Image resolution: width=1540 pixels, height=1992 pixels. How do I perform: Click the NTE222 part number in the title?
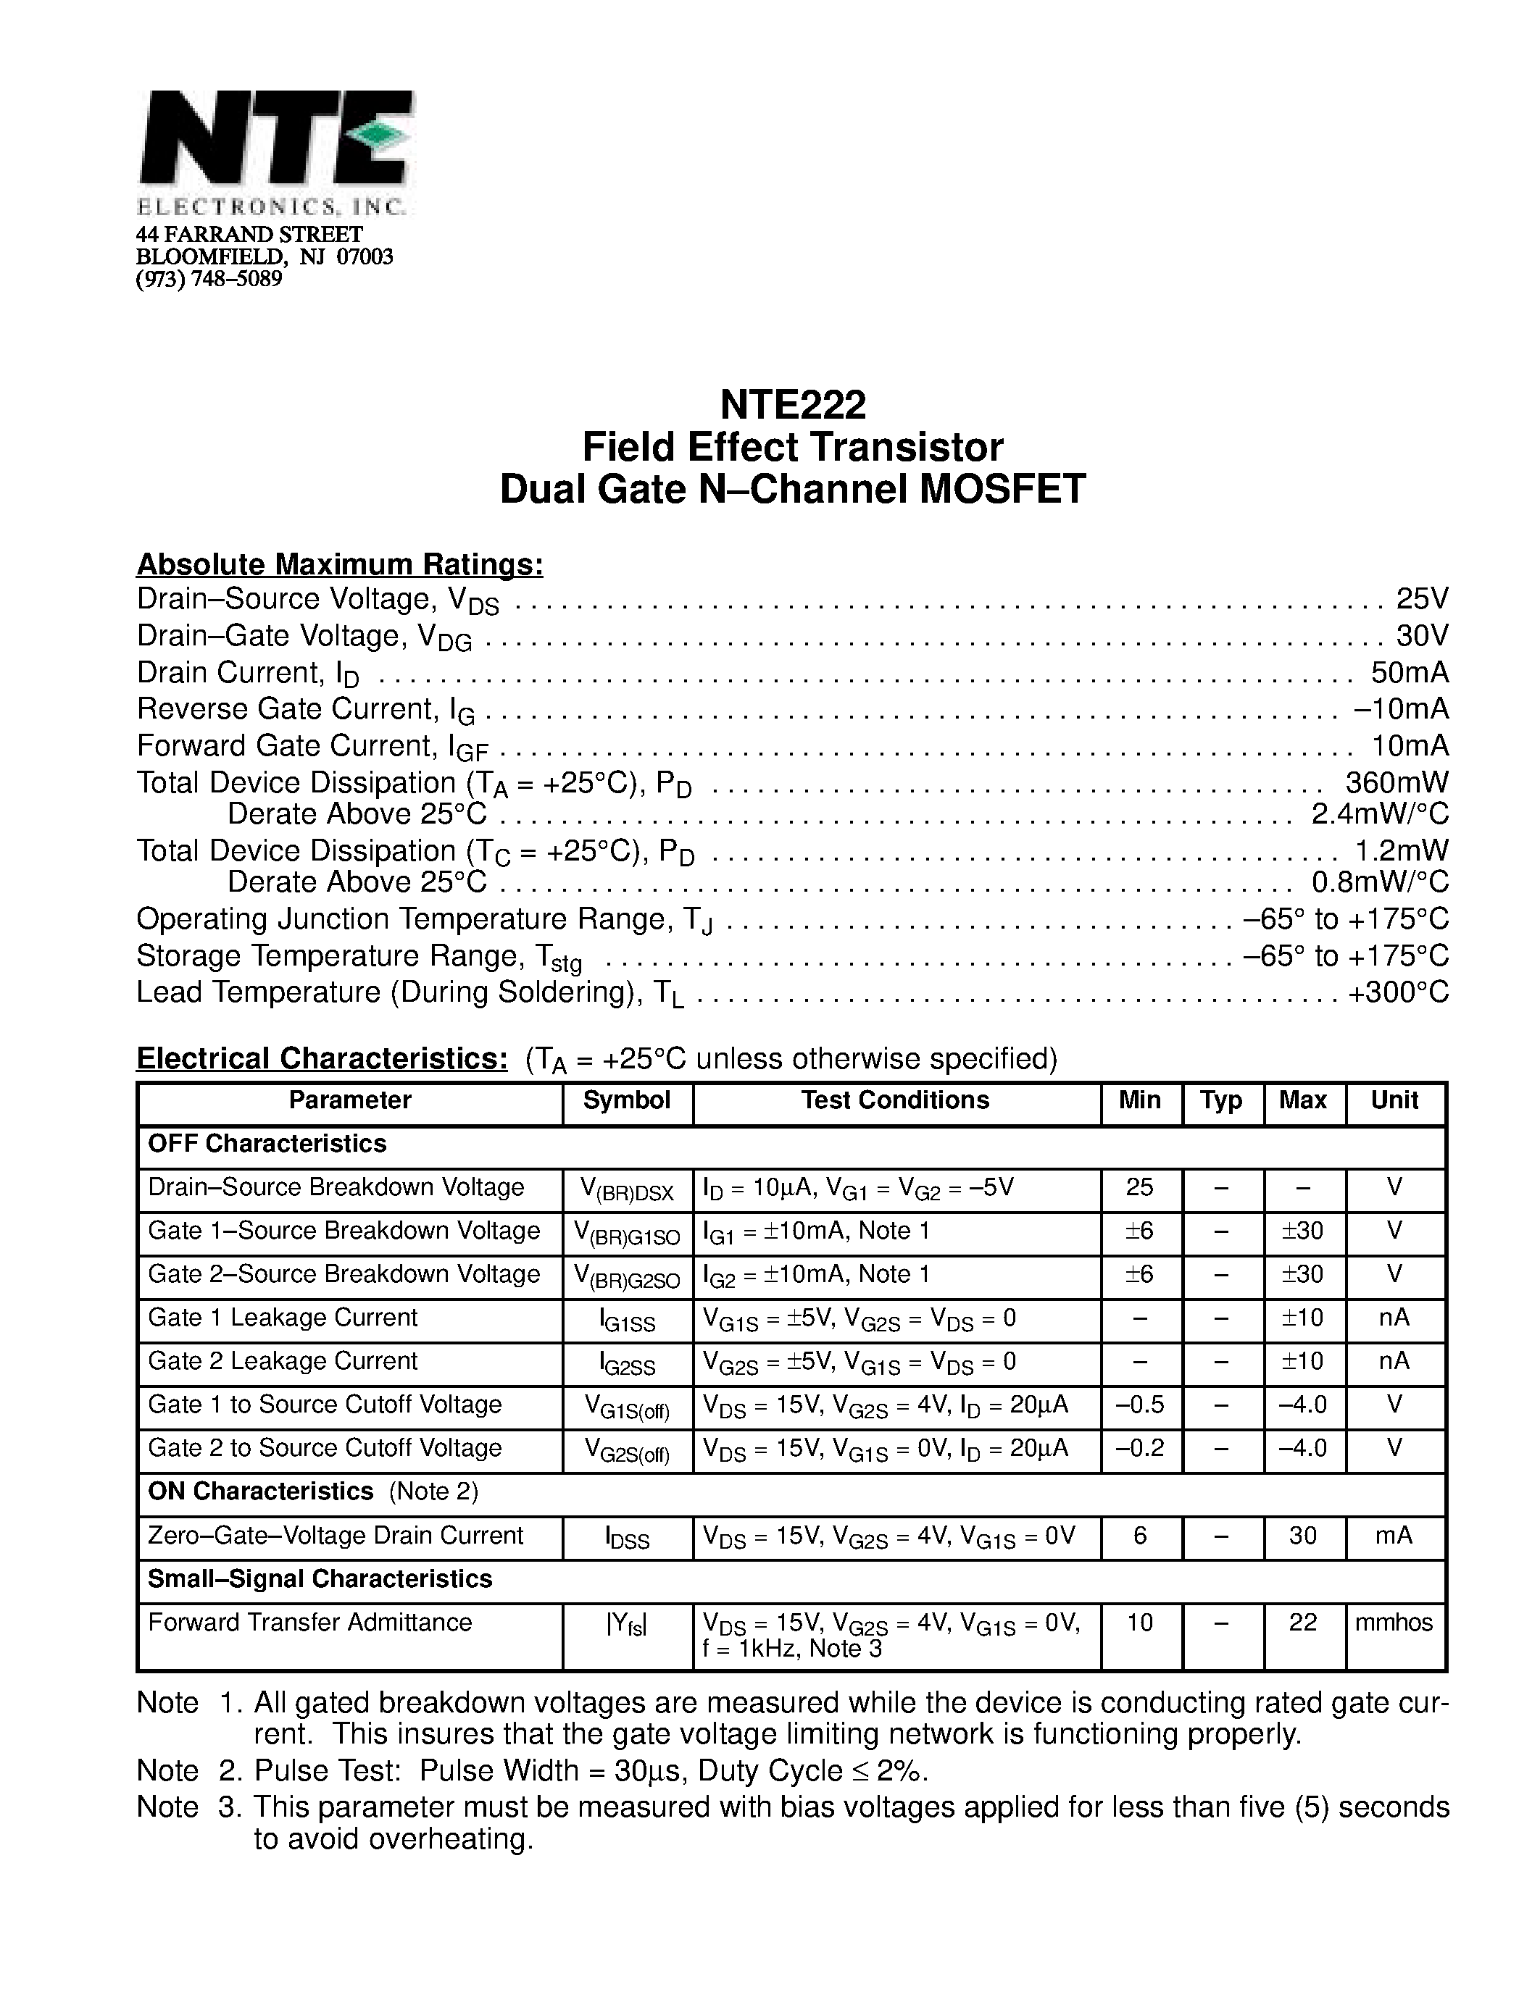(792, 403)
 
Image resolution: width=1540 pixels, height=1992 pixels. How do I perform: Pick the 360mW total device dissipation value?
(1397, 782)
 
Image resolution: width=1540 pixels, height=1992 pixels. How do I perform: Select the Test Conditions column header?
(895, 1100)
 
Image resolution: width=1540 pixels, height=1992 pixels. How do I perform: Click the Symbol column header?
(627, 1100)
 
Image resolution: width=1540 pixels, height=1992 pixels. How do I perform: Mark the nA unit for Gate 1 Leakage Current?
(1394, 1318)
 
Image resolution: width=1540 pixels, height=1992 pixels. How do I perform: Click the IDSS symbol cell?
(627, 1538)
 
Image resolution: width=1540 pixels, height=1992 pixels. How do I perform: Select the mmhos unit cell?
(1394, 1623)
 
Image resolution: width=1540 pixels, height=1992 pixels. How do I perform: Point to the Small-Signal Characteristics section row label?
(320, 1579)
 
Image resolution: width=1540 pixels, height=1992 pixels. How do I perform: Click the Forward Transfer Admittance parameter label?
(309, 1623)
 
